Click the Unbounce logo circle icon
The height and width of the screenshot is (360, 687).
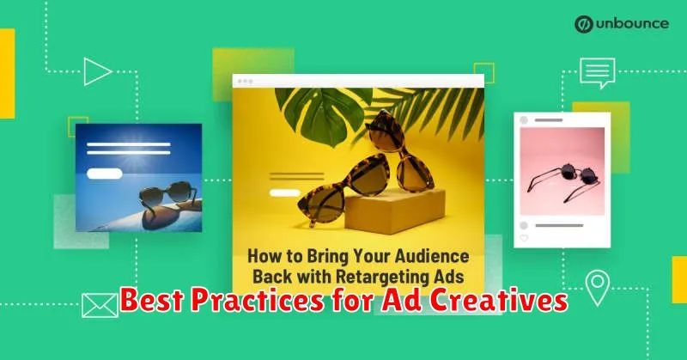pyautogui.click(x=584, y=24)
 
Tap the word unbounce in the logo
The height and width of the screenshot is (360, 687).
pyautogui.click(x=632, y=24)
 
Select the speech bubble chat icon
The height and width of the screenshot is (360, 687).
pyautogui.click(x=598, y=73)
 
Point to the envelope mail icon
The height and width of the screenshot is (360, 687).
pyautogui.click(x=100, y=305)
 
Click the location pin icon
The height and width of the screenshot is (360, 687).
pyautogui.click(x=598, y=288)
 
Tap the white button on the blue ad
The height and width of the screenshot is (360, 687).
pyautogui.click(x=104, y=174)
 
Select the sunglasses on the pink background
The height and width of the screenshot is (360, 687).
pyautogui.click(x=564, y=180)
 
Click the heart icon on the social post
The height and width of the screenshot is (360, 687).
pyautogui.click(x=524, y=238)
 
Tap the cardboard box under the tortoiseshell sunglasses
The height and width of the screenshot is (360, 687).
pyautogui.click(x=394, y=210)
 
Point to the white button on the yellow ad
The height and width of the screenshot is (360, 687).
pyautogui.click(x=284, y=192)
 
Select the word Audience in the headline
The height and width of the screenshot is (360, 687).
pyautogui.click(x=432, y=256)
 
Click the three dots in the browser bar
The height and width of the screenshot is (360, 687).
pyautogui.click(x=245, y=81)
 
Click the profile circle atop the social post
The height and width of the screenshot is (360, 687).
pyautogui.click(x=524, y=120)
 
